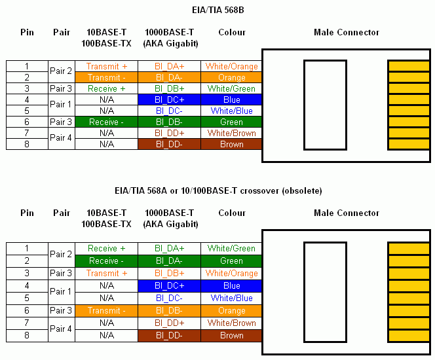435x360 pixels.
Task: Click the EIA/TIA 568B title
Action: pos(217,10)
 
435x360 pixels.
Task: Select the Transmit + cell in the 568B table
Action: pos(107,66)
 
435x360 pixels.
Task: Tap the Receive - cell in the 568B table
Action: pos(107,122)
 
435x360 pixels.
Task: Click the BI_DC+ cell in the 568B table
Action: pos(169,99)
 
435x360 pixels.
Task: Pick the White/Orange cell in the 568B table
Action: pos(232,66)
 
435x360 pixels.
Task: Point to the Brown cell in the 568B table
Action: pos(232,144)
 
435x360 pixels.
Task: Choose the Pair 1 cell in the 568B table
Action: pos(61,105)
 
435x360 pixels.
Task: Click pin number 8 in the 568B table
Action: pos(27,144)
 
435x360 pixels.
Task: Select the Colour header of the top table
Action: pos(232,32)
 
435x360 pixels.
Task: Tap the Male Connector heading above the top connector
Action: pos(347,32)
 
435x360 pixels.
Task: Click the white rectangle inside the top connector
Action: pos(325,105)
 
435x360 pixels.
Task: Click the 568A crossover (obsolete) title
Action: pos(217,190)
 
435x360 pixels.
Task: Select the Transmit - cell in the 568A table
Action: pos(107,311)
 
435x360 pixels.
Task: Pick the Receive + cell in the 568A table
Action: pos(107,249)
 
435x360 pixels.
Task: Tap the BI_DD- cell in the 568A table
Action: pos(169,335)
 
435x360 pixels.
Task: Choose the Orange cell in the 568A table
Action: pos(232,311)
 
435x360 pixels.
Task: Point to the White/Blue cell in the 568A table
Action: pos(232,298)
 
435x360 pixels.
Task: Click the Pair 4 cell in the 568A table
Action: pos(61,329)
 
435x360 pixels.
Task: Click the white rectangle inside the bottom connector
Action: pos(325,285)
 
